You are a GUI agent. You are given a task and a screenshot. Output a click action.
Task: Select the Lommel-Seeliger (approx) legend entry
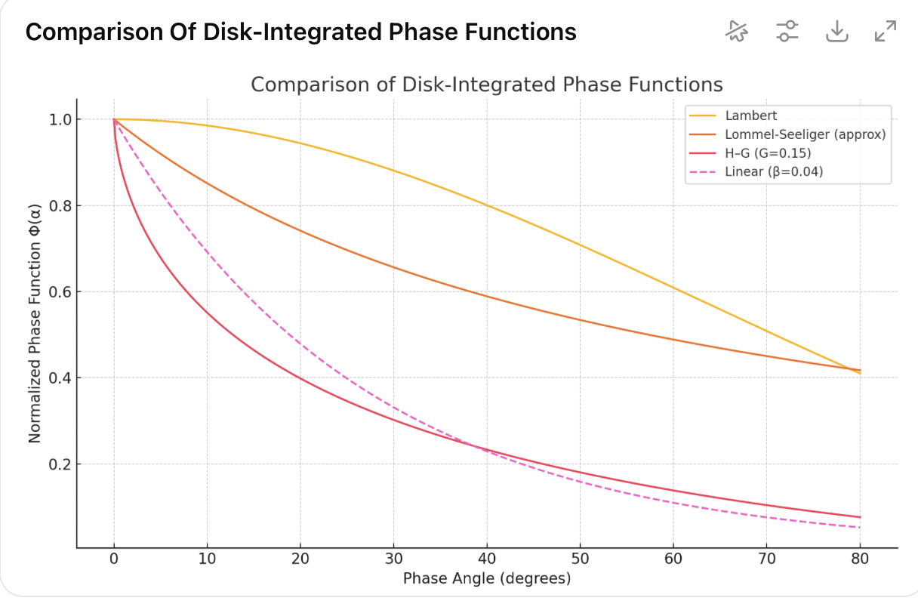(805, 134)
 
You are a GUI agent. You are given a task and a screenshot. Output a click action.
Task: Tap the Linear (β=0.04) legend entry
(773, 172)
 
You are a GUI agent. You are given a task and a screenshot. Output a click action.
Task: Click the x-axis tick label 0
(114, 559)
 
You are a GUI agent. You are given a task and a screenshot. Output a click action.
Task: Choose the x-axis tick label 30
(393, 559)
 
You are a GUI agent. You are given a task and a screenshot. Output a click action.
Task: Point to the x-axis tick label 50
(580, 559)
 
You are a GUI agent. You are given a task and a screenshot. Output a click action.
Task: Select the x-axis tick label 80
(860, 559)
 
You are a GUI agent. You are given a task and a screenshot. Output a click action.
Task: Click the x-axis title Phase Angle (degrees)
(487, 579)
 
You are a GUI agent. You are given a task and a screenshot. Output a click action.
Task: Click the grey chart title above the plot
(487, 85)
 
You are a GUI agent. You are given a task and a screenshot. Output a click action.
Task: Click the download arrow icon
(836, 31)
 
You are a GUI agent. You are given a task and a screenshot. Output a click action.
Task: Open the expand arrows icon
(885, 31)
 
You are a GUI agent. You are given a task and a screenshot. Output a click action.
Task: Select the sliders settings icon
(787, 31)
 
